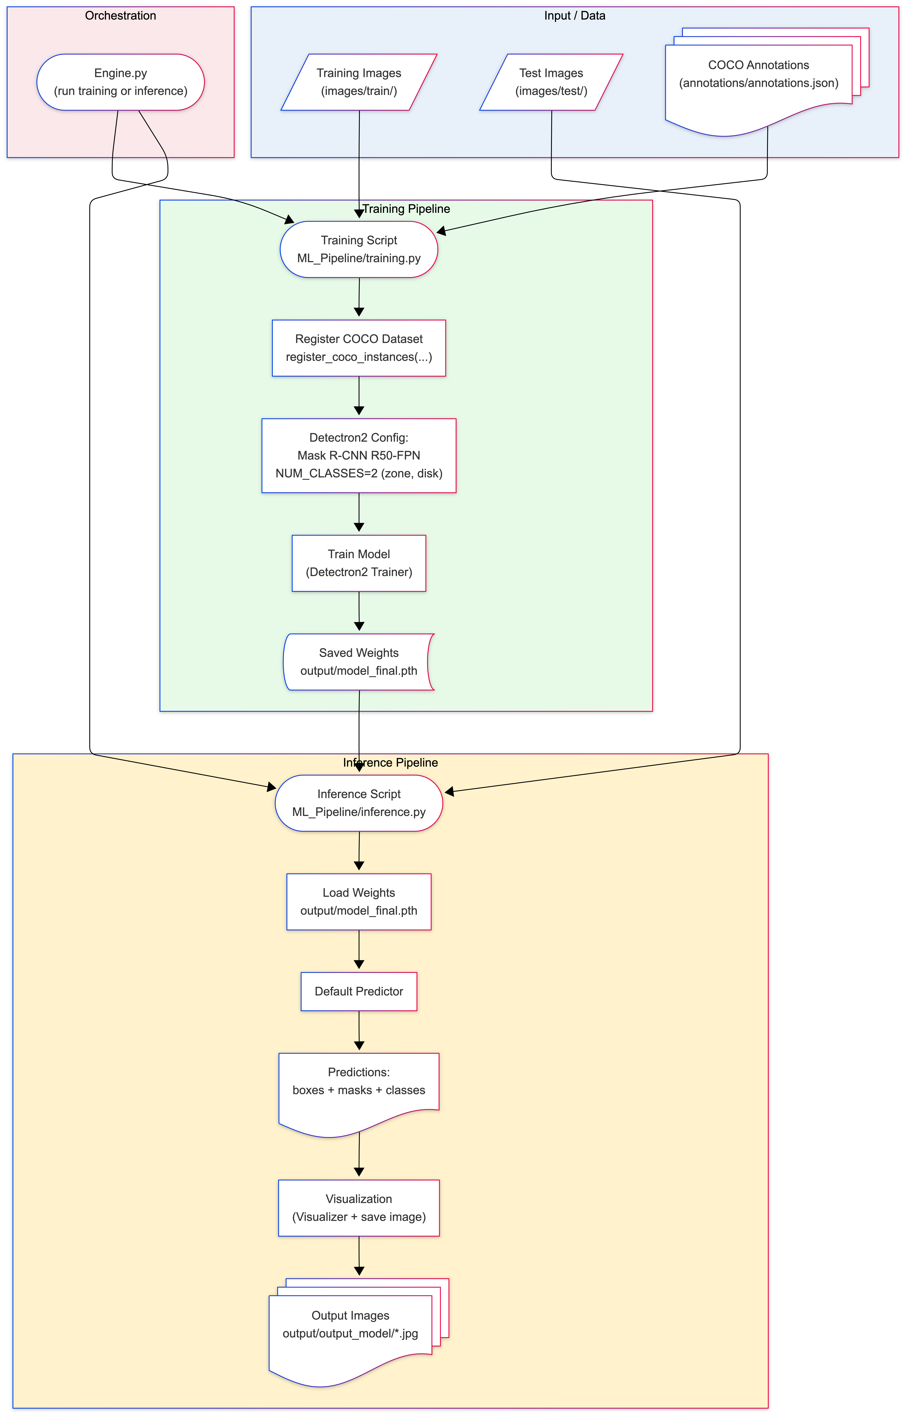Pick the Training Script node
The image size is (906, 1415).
pos(359,249)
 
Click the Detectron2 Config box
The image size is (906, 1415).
pos(359,455)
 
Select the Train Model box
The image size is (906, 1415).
pos(359,563)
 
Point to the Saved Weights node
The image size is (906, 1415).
pos(359,662)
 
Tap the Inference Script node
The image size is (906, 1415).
pos(359,803)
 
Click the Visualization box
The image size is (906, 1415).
pos(359,1208)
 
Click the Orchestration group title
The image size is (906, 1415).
pos(121,16)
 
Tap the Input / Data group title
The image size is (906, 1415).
pos(575,16)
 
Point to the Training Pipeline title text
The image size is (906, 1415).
pos(406,209)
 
